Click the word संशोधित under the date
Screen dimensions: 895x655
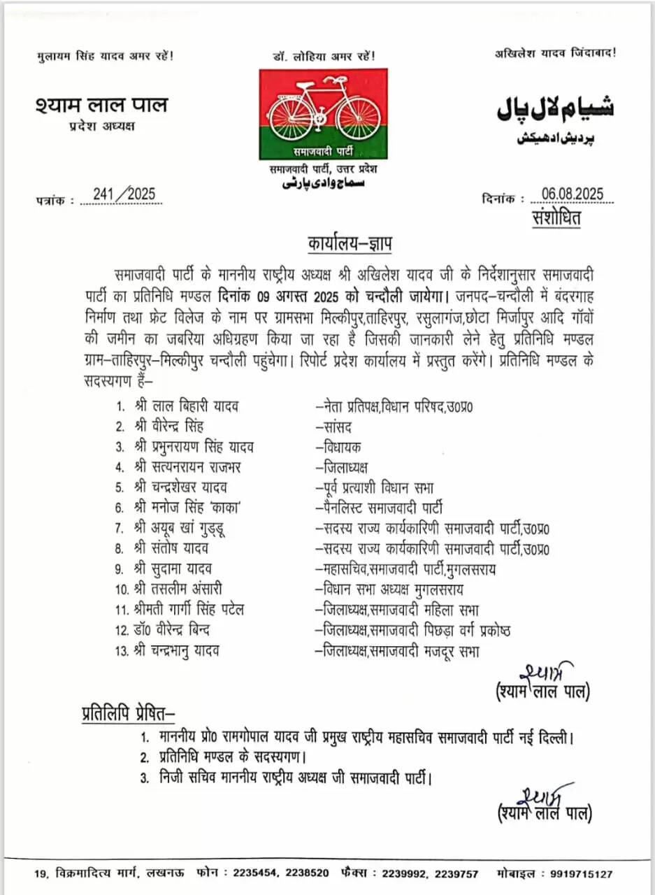pos(556,217)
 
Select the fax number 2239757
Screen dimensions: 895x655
pos(455,874)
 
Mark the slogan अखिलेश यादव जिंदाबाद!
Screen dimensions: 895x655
pos(556,53)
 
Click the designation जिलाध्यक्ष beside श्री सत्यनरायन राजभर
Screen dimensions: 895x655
pos(343,467)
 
